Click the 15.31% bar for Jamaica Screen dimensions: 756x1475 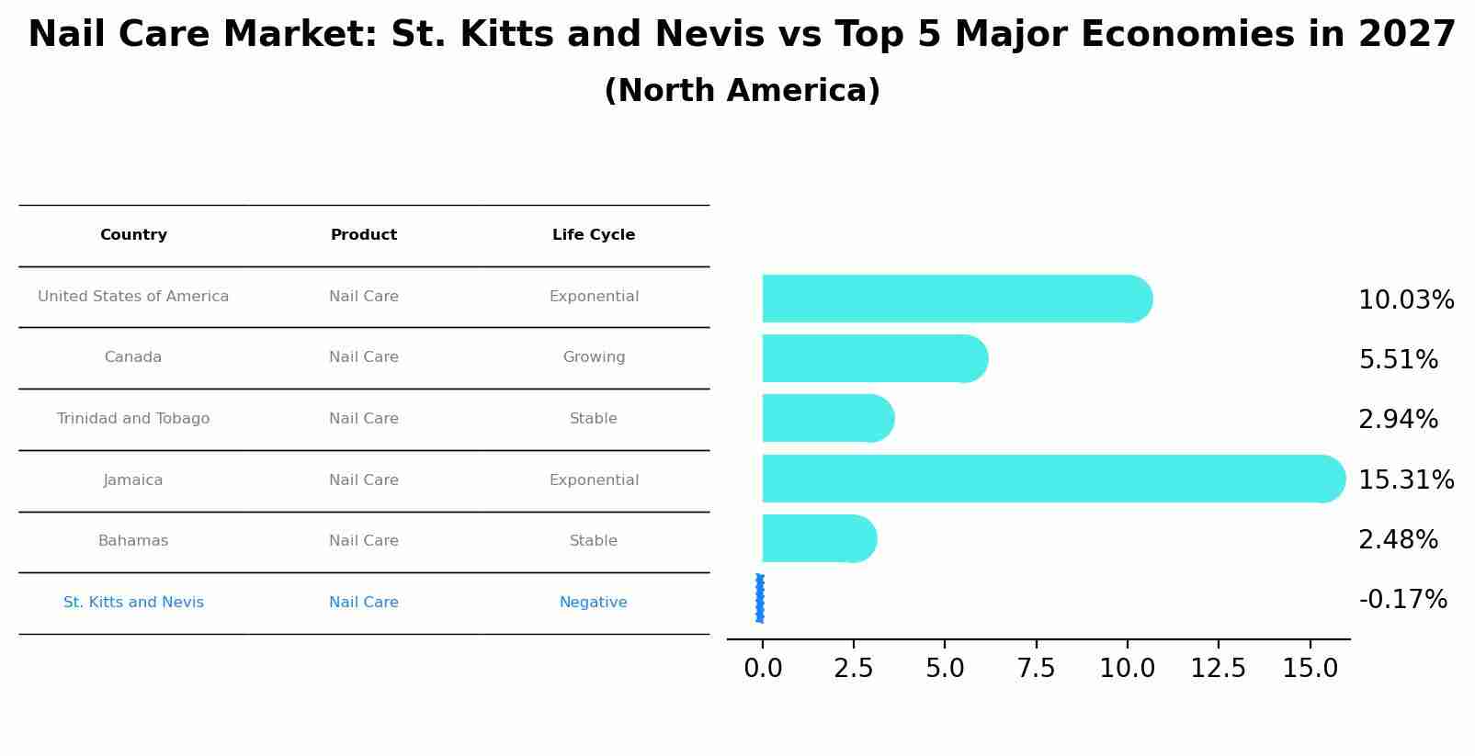coord(1048,479)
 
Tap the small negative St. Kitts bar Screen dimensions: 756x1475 coord(760,598)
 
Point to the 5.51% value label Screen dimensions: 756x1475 coord(1398,360)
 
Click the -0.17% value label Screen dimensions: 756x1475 coord(1402,600)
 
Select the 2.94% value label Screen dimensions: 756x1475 coord(1398,420)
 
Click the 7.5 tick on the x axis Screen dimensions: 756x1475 coord(1036,669)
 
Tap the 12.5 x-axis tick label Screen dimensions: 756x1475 coord(1218,669)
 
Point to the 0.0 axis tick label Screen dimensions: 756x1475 coord(763,669)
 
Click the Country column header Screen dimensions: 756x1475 coord(133,235)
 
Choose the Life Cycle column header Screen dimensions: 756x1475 coord(594,235)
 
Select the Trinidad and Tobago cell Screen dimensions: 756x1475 coord(133,419)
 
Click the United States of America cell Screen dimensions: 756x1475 coord(133,297)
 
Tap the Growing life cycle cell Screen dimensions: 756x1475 coord(594,357)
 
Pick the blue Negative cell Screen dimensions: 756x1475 coord(594,603)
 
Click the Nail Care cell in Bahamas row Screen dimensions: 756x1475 coord(364,541)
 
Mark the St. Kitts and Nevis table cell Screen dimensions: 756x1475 coord(133,603)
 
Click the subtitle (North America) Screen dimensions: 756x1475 coord(742,91)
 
